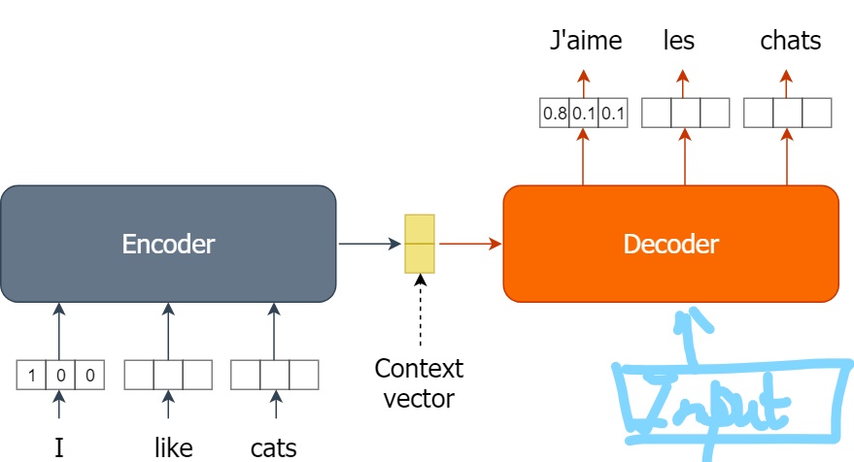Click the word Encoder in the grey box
pyautogui.click(x=168, y=244)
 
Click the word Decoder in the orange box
pyautogui.click(x=671, y=244)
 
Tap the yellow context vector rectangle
pyautogui.click(x=420, y=244)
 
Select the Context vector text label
pyautogui.click(x=419, y=383)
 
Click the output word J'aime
pyautogui.click(x=586, y=40)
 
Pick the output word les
pyautogui.click(x=678, y=40)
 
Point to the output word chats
pyautogui.click(x=790, y=40)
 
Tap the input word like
pyautogui.click(x=173, y=447)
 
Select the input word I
pyautogui.click(x=59, y=447)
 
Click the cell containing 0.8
pyautogui.click(x=555, y=114)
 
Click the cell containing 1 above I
pyautogui.click(x=31, y=375)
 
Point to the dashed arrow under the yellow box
pyautogui.click(x=420, y=310)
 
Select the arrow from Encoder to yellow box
pyautogui.click(x=370, y=244)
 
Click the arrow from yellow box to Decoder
pyautogui.click(x=470, y=244)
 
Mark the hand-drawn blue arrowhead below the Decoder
pyautogui.click(x=693, y=320)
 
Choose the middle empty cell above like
pyautogui.click(x=168, y=375)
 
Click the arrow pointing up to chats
pyautogui.click(x=786, y=83)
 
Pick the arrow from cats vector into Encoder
pyautogui.click(x=274, y=331)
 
